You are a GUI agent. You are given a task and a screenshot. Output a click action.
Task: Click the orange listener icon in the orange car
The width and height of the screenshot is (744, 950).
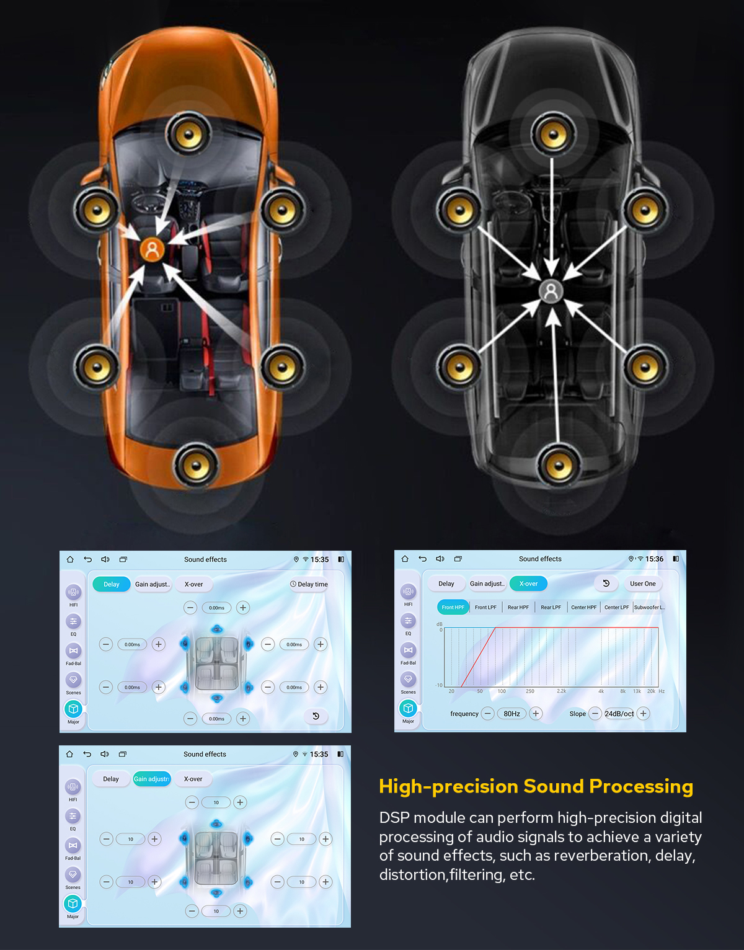pyautogui.click(x=152, y=249)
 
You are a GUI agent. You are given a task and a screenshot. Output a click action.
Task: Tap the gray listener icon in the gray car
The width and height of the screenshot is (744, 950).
pyautogui.click(x=551, y=291)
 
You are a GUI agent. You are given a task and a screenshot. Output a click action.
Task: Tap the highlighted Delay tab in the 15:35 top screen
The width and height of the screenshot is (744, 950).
pyautogui.click(x=112, y=584)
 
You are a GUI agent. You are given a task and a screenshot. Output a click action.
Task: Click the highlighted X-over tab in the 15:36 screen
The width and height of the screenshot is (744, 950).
pyautogui.click(x=528, y=584)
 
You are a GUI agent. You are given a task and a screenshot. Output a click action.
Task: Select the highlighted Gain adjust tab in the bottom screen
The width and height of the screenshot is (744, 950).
pyautogui.click(x=151, y=779)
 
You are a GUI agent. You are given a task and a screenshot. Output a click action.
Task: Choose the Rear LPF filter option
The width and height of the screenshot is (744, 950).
pyautogui.click(x=551, y=607)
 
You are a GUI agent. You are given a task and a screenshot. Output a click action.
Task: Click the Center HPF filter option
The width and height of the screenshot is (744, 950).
pyautogui.click(x=583, y=607)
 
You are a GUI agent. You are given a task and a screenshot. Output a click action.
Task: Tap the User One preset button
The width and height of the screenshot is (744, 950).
pyautogui.click(x=642, y=584)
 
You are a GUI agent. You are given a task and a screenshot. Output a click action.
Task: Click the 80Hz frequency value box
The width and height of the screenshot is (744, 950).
pyautogui.click(x=511, y=714)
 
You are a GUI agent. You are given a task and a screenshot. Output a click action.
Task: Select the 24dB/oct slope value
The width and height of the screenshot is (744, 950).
pyautogui.click(x=619, y=714)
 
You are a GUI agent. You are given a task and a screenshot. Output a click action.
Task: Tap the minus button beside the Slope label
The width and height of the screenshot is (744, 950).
pyautogui.click(x=595, y=714)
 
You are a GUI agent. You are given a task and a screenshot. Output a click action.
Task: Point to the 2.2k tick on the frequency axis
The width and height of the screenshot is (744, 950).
pyautogui.click(x=561, y=691)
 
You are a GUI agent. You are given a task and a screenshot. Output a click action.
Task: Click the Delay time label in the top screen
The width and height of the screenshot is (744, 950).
pyautogui.click(x=309, y=584)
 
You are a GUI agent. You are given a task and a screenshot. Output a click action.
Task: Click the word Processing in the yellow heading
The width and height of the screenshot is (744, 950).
pyautogui.click(x=641, y=786)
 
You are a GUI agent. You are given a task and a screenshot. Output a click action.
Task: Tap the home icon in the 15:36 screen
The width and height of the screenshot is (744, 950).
pyautogui.click(x=405, y=559)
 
